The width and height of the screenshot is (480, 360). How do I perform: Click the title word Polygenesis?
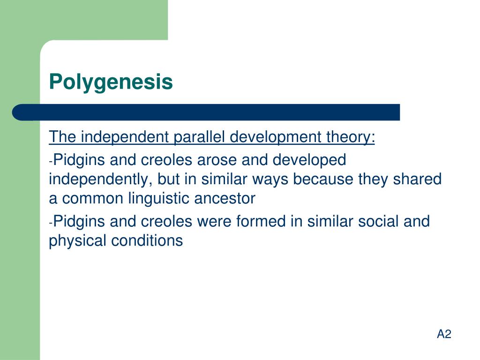tap(111, 82)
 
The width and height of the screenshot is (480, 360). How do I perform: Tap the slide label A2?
tap(443, 334)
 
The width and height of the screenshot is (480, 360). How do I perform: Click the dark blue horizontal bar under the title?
tap(206, 112)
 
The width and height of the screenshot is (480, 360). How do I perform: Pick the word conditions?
tap(147, 240)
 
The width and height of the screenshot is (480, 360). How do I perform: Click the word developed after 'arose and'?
tap(309, 160)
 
